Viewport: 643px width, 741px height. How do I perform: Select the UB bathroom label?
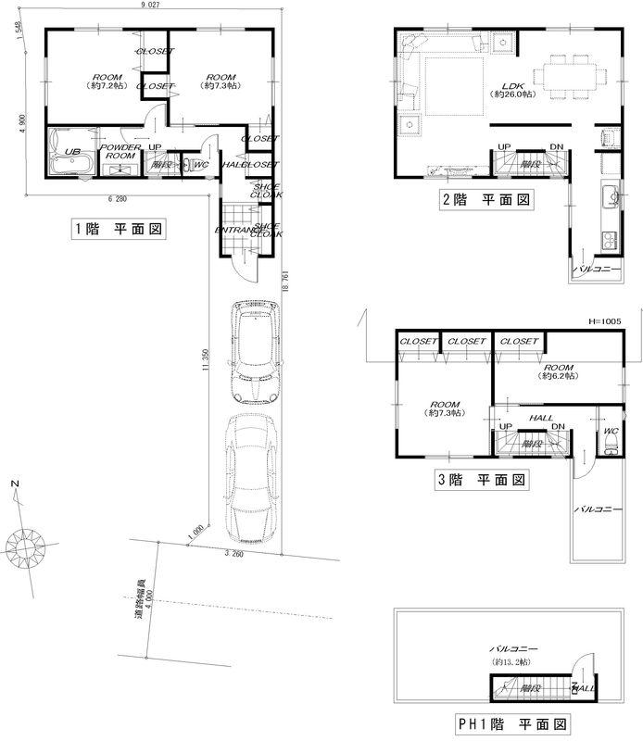tap(71, 150)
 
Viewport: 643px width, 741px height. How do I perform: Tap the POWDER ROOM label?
tap(120, 152)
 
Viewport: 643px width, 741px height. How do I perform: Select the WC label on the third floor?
tap(611, 432)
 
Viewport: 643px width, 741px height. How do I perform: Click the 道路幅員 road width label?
tap(139, 597)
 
